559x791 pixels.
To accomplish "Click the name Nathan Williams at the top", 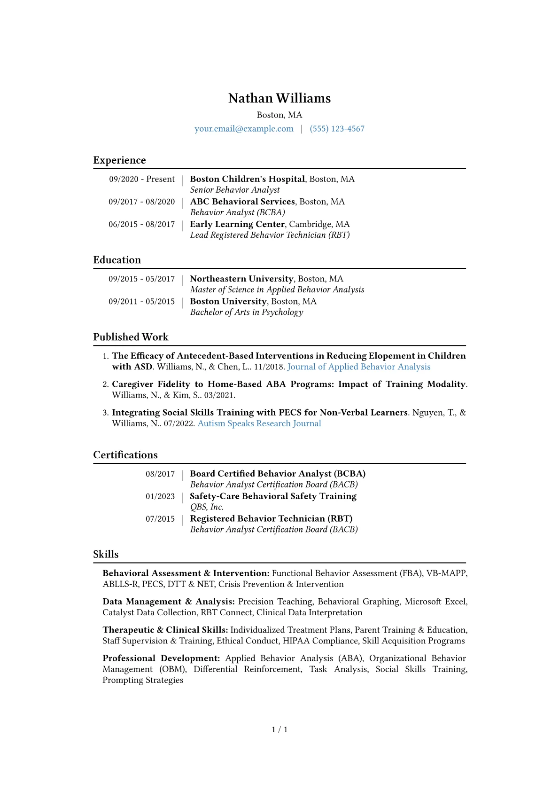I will pyautogui.click(x=279, y=98).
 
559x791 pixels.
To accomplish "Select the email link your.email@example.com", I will pyautogui.click(x=244, y=129).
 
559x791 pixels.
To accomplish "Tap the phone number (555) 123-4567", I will pyautogui.click(x=337, y=129).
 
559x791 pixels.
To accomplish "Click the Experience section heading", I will pyautogui.click(x=119, y=160).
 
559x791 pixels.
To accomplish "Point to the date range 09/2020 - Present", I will pyautogui.click(x=142, y=179).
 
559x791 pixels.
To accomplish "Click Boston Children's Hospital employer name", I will pyautogui.click(x=247, y=179).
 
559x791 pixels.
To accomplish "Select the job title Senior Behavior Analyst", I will pyautogui.click(x=235, y=190).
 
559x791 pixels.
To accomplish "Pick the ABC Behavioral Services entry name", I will pyautogui.click(x=242, y=202).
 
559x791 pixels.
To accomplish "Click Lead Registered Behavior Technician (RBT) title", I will pyautogui.click(x=270, y=235).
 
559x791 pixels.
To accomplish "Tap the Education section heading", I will pyautogui.click(x=117, y=260).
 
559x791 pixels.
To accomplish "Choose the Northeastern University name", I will pyautogui.click(x=241, y=279).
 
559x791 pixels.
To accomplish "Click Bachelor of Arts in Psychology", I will pyautogui.click(x=247, y=312).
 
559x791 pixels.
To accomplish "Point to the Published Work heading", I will pyautogui.click(x=131, y=337).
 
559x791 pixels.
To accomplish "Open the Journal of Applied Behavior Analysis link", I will pyautogui.click(x=359, y=367).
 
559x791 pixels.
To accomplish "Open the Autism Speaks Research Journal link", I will pyautogui.click(x=259, y=423).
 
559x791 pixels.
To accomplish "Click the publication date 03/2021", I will pyautogui.click(x=219, y=395).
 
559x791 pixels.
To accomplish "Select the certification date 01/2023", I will pyautogui.click(x=160, y=496).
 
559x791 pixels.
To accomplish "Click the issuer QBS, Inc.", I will pyautogui.click(x=207, y=507).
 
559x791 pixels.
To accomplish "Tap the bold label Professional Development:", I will pyautogui.click(x=161, y=658).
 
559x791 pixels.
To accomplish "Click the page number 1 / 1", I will pyautogui.click(x=279, y=729).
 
